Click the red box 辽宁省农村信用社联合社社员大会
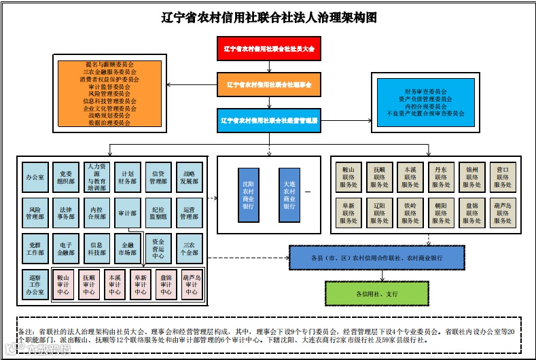pos(269,49)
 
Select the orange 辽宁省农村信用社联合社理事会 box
pos(269,85)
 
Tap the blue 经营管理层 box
pos(269,121)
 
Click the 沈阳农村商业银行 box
pos(249,194)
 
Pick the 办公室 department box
pos(35,177)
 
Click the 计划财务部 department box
pos(128,177)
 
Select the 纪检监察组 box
pos(158,213)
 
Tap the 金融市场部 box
pos(128,248)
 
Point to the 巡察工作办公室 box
pos(35,284)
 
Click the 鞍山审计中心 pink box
pos(64,285)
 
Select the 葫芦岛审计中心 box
pos(192,285)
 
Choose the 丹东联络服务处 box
pos(441,175)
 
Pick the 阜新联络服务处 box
pos(349,213)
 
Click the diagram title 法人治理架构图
pos(269,17)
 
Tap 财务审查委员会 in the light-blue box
pos(426,91)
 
